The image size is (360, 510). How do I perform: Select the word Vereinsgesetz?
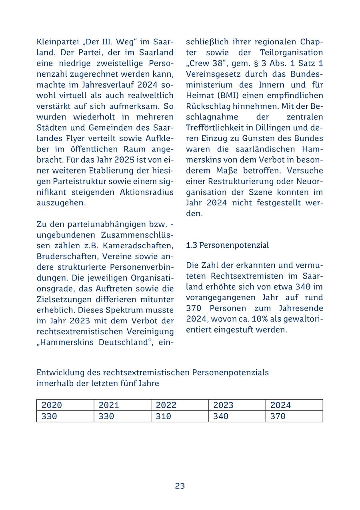tap(211, 74)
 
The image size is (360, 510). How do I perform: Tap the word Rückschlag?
tap(205, 107)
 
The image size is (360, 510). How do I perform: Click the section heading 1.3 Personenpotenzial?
tap(227, 245)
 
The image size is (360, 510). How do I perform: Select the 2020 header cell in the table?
tap(52, 405)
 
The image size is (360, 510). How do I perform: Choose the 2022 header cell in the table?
tap(166, 405)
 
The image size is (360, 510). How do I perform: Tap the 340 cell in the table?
tap(221, 416)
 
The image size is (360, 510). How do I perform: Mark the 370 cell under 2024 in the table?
tap(278, 416)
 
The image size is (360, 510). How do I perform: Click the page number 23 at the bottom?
tap(180, 486)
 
